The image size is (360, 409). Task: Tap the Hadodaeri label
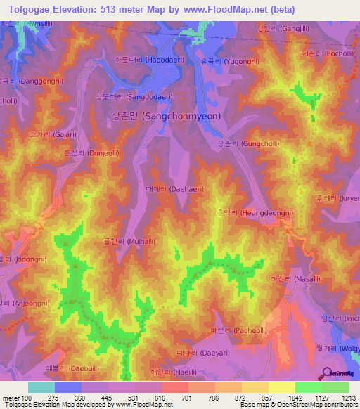[x=150, y=60]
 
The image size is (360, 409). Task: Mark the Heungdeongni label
[x=250, y=212]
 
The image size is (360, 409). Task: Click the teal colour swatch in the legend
[x=41, y=387]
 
